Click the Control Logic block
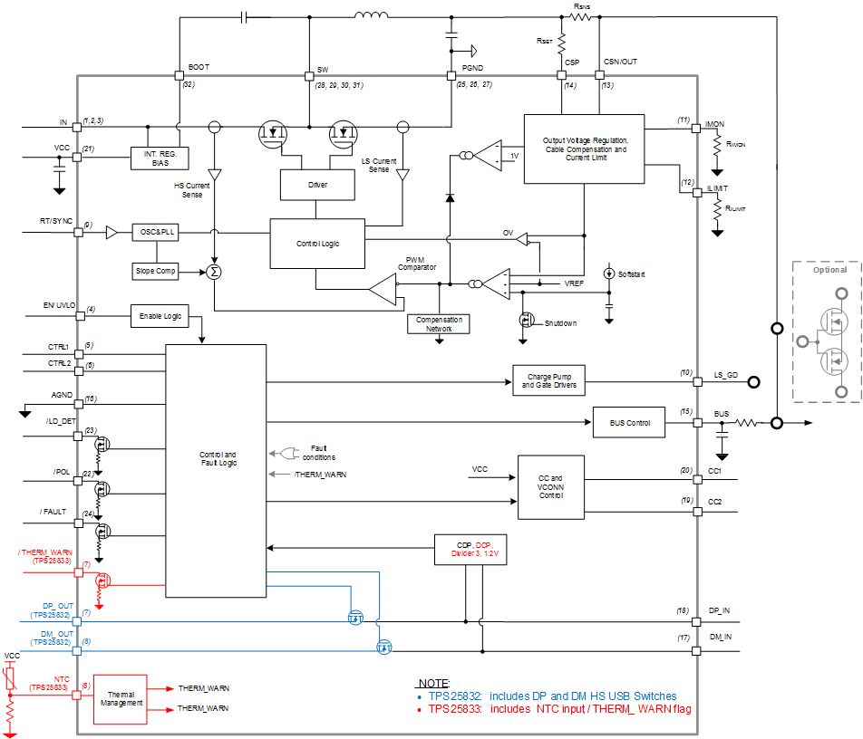[317, 244]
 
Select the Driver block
[317, 185]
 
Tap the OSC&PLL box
[155, 233]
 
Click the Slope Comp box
[156, 271]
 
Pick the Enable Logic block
[160, 316]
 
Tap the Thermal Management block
[121, 698]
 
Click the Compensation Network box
[439, 324]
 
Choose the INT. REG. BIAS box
[160, 158]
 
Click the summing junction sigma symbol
[214, 271]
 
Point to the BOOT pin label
[198, 68]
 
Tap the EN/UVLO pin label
[60, 306]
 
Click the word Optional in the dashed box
[829, 270]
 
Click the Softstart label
[633, 274]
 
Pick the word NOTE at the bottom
[435, 682]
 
